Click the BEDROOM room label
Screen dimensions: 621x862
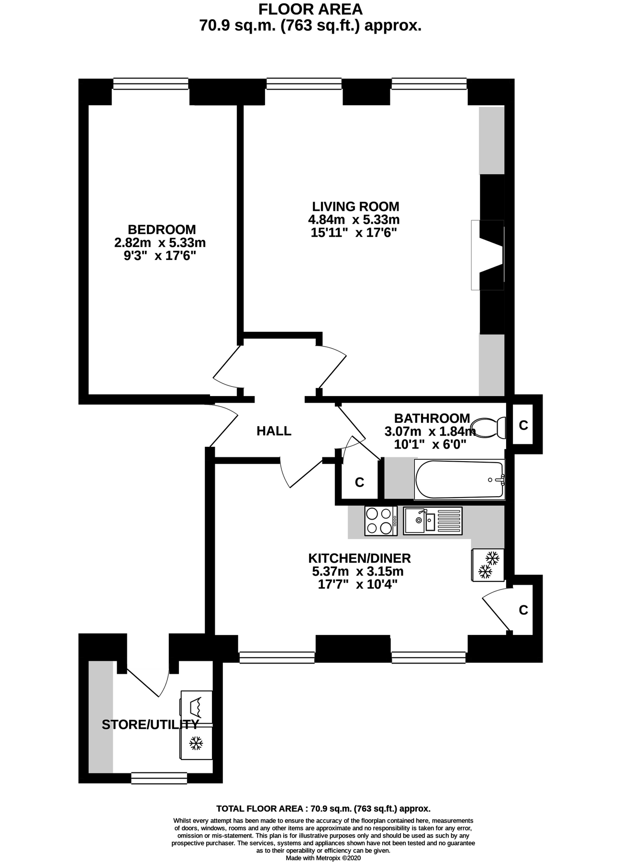click(162, 229)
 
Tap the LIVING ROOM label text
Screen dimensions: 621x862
click(355, 207)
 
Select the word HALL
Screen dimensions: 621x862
click(274, 431)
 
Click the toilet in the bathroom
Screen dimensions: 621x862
click(488, 427)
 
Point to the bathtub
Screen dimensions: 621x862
click(460, 479)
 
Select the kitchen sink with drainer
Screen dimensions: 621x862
click(432, 521)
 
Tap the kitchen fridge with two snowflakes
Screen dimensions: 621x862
click(488, 565)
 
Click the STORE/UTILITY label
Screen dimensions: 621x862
click(150, 725)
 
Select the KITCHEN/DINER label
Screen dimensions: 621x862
click(359, 558)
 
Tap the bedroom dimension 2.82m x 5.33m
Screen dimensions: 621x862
click(160, 243)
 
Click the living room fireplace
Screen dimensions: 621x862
click(488, 255)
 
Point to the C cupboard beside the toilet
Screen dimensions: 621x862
click(523, 425)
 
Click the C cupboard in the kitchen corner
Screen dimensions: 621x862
click(523, 610)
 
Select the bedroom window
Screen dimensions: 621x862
click(151, 84)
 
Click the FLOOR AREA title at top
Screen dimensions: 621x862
click(310, 10)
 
